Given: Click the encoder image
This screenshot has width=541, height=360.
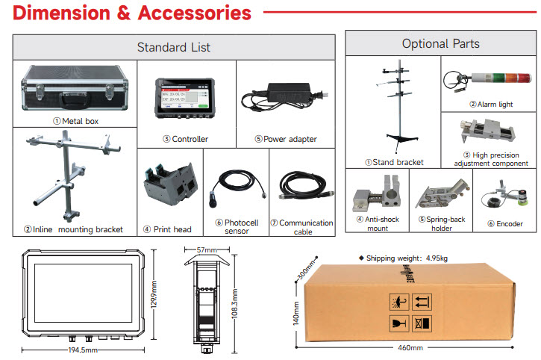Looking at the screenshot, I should pos(500,199).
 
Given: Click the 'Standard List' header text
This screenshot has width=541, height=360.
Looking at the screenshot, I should pos(173,47).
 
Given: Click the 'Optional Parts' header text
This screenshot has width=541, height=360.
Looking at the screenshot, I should pos(440,44).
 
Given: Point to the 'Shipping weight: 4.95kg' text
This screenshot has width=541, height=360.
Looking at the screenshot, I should pos(410,258).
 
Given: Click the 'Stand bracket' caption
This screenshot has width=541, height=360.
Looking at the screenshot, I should pos(394,161).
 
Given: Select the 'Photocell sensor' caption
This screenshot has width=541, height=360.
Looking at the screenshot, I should pos(236,226).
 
